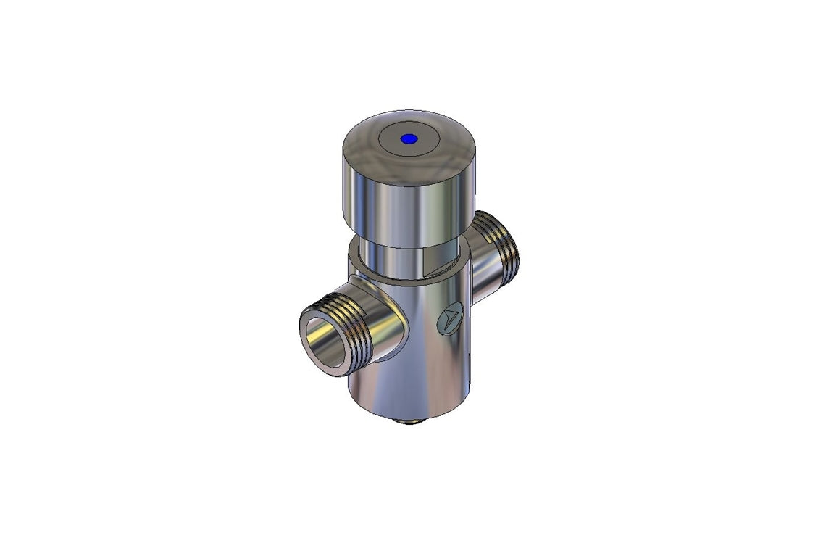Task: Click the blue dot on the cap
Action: (x=409, y=138)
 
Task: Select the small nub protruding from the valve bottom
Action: (x=412, y=421)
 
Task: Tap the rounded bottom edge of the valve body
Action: (x=406, y=414)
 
